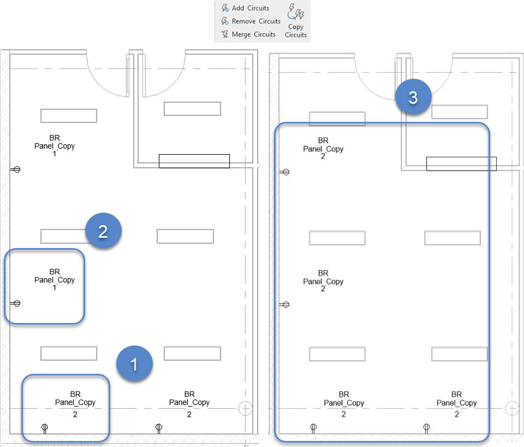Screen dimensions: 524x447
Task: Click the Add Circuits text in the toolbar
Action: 250,8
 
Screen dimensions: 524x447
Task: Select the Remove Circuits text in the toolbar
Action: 256,21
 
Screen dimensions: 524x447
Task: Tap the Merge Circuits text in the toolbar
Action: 253,34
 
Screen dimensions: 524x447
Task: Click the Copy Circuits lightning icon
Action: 296,12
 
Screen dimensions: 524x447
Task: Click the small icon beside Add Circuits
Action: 225,7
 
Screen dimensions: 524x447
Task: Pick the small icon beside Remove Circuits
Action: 224,21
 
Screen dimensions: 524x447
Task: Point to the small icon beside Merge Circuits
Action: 224,34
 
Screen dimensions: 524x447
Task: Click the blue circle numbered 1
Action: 134,364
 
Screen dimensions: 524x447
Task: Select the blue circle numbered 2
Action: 104,231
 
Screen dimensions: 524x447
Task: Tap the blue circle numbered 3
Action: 413,97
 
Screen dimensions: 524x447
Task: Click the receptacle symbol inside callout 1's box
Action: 44,428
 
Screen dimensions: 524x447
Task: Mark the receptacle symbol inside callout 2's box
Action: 15,303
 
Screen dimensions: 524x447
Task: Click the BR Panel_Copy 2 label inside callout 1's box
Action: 75,404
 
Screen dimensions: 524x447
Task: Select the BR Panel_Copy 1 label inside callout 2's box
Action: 54,279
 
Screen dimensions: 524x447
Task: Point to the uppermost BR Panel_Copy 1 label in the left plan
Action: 54,146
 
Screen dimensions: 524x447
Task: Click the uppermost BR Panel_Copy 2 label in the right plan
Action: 323,149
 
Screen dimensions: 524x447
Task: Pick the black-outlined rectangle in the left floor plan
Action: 194,161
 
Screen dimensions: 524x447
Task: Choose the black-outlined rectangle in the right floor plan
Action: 462,164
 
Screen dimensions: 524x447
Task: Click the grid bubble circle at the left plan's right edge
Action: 245,409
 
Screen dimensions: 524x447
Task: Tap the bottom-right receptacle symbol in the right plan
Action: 427,428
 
